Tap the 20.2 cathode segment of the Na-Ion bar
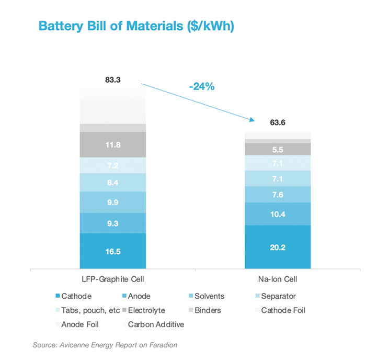[x=278, y=248]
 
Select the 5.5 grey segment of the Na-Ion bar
[x=278, y=149]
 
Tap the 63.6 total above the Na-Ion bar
[x=278, y=123]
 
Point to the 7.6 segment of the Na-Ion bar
[x=278, y=195]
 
